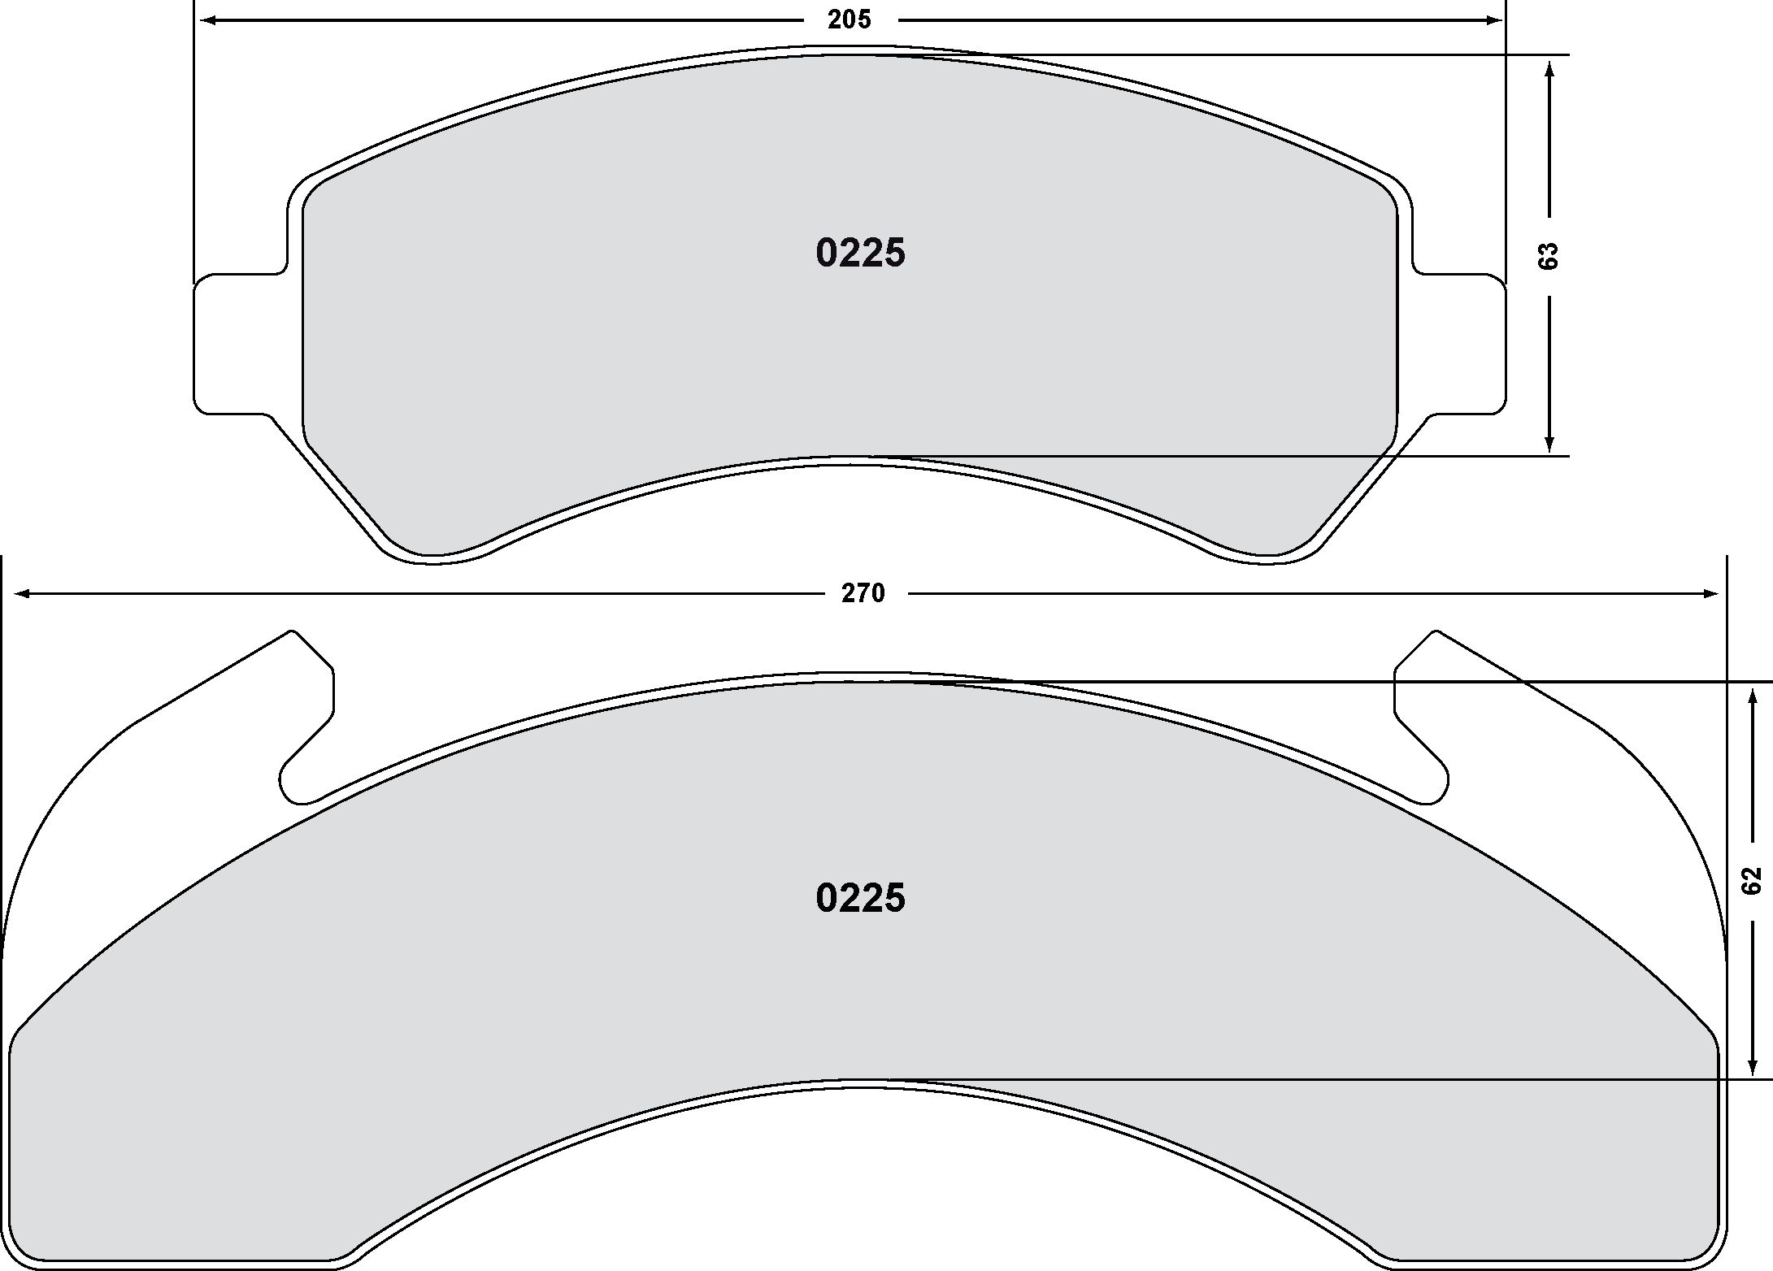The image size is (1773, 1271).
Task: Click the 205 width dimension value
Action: click(850, 20)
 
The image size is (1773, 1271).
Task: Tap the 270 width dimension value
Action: click(863, 594)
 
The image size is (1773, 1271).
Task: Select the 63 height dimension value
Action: click(1549, 256)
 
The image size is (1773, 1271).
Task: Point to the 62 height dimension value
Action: click(1751, 880)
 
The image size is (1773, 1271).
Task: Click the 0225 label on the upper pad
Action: click(860, 254)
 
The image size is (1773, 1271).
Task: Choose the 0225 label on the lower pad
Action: click(860, 899)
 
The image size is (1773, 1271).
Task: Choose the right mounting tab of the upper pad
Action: click(1459, 345)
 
